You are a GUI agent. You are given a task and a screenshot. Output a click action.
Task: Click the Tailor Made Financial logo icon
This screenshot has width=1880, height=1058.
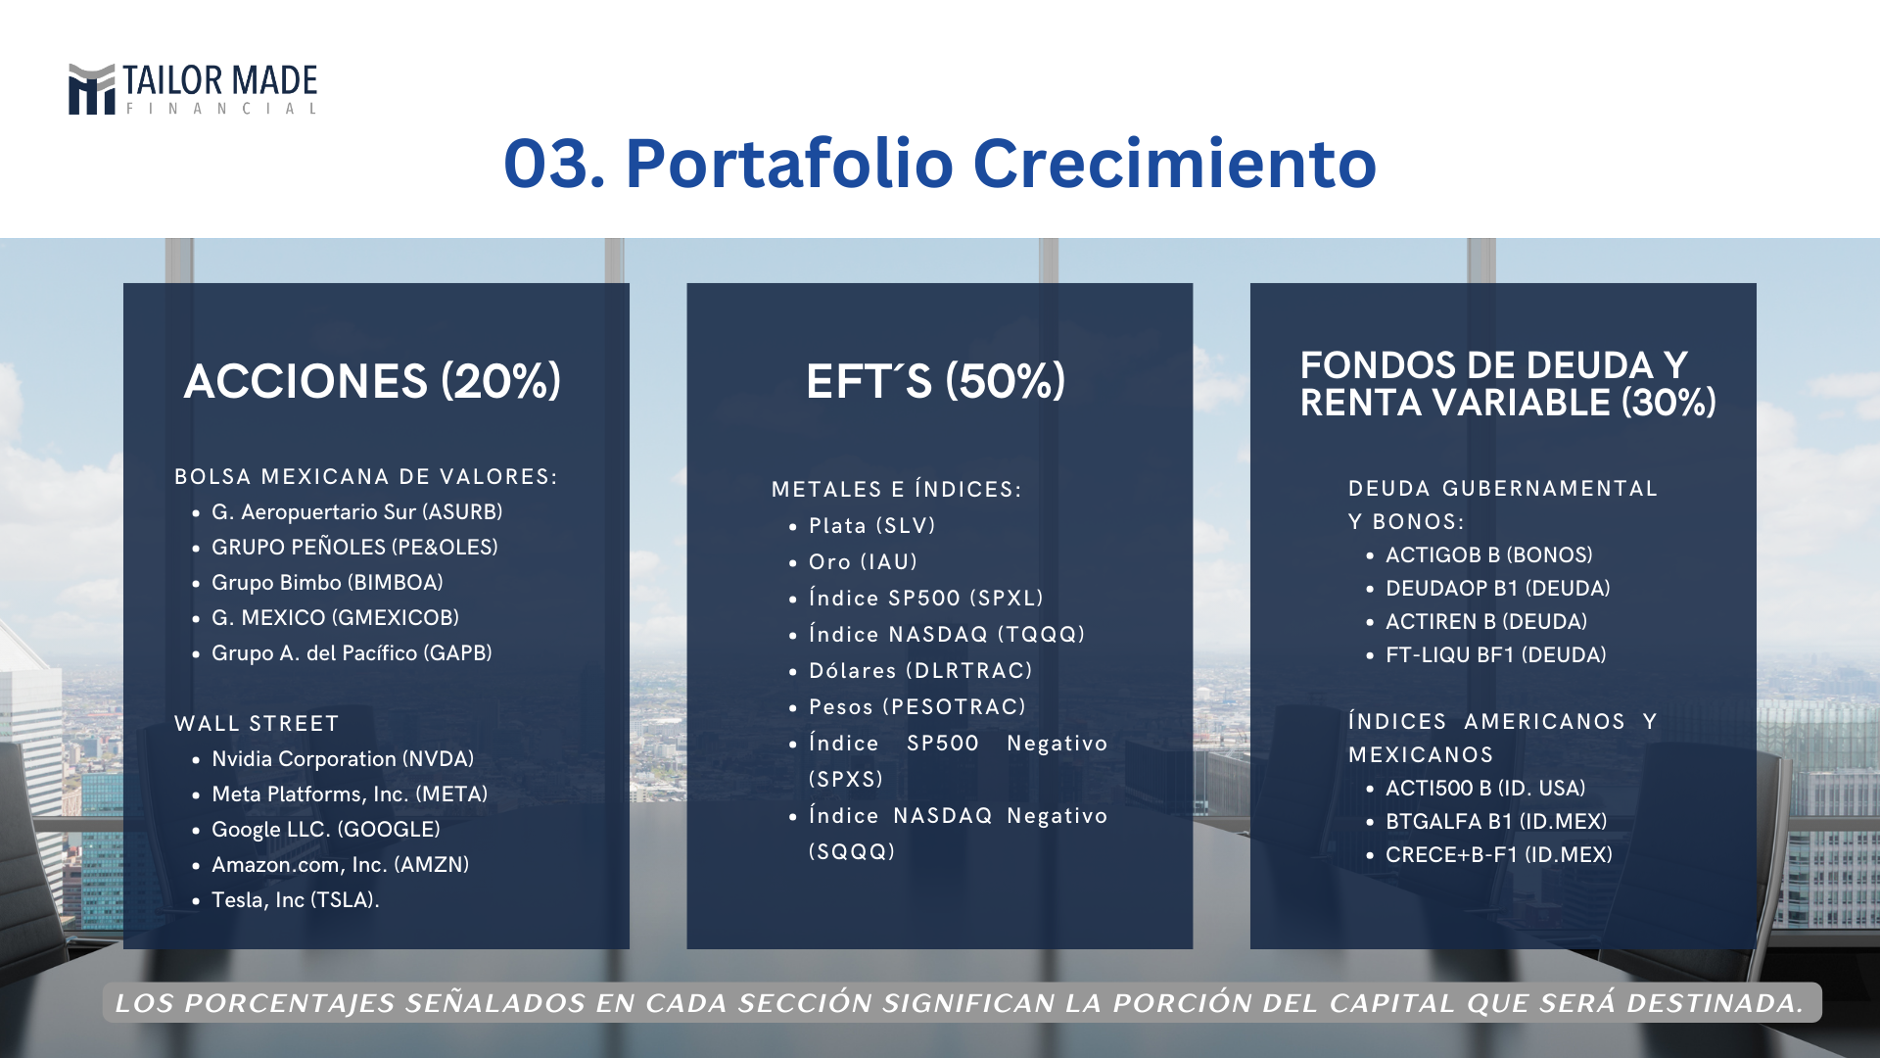(x=92, y=89)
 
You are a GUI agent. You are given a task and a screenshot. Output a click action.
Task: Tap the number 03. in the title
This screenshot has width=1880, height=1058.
(x=554, y=164)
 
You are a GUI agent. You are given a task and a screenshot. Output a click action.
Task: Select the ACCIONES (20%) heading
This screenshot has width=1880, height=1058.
(x=372, y=381)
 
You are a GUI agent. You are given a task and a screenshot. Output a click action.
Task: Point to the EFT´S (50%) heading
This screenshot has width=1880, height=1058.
(x=935, y=381)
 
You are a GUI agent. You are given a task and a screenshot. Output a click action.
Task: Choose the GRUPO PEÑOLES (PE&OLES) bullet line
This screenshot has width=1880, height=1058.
(x=354, y=547)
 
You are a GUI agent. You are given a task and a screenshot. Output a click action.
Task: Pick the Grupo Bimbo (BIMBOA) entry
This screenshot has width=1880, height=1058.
(x=327, y=583)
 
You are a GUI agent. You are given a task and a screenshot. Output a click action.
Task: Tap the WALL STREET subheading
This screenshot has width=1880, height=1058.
(x=257, y=724)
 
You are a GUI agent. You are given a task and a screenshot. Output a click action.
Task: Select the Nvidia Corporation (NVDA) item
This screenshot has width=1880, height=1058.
(x=343, y=759)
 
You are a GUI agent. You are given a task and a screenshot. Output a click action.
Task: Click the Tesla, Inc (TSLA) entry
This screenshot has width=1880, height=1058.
(x=295, y=900)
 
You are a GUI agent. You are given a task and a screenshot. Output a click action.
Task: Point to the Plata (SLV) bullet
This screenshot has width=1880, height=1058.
(x=872, y=526)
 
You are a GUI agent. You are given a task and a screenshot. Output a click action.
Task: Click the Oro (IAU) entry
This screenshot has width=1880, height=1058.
(x=864, y=562)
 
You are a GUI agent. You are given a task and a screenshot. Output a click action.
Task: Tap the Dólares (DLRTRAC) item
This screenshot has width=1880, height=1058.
(x=921, y=671)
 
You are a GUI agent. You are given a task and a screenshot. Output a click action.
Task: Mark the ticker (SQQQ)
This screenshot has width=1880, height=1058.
(x=852, y=852)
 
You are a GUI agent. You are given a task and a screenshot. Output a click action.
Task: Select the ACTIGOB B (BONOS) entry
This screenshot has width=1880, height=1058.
(x=1489, y=555)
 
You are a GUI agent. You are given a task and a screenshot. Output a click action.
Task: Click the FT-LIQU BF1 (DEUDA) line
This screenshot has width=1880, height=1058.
(x=1496, y=655)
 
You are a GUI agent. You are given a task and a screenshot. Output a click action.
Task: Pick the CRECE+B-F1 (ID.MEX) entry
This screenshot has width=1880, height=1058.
(x=1499, y=855)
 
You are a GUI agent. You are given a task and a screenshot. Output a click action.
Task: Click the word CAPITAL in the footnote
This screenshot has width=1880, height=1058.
(x=1378, y=1003)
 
